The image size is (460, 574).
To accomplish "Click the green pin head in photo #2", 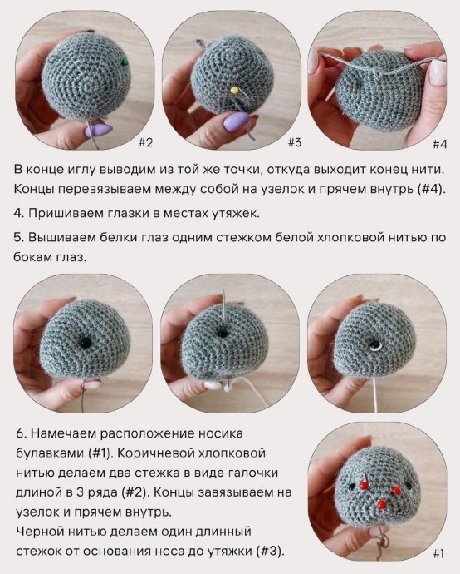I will [124, 62].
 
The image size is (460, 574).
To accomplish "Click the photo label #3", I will [294, 142].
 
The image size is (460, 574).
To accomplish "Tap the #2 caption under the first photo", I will [144, 142].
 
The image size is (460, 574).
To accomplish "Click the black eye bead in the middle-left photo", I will [84, 342].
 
